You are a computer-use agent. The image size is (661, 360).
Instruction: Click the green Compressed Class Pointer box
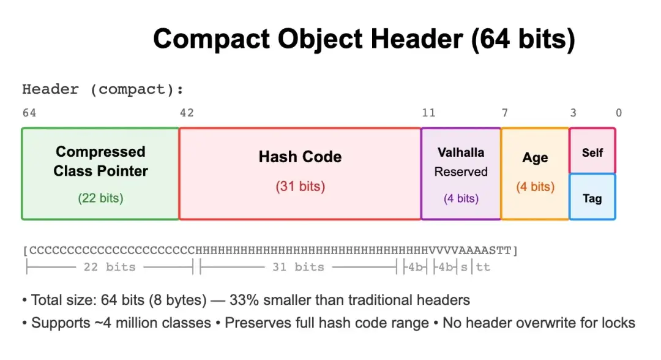100,173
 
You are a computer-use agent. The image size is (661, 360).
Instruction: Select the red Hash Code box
300,173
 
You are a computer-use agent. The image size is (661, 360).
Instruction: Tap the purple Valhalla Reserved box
461,173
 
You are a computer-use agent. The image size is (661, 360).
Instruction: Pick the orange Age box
535,173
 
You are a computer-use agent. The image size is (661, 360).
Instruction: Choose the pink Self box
592,151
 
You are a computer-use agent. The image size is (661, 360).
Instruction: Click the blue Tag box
592,197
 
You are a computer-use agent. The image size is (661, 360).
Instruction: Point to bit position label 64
29,113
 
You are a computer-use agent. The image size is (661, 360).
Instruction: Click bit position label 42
186,113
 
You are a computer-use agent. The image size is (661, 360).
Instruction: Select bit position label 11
428,113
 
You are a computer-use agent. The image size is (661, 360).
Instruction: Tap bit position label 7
505,113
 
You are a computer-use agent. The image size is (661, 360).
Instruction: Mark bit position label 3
573,113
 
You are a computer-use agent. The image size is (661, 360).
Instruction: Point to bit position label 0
619,113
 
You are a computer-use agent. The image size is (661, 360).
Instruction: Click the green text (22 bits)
100,198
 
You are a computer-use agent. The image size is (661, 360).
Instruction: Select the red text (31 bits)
300,187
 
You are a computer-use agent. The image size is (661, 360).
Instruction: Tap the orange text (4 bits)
535,187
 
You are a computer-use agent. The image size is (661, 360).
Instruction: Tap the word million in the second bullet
138,323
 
